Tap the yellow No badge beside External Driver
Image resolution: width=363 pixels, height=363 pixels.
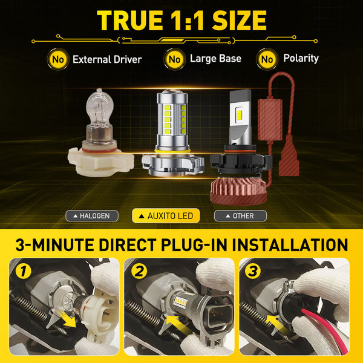[58, 59]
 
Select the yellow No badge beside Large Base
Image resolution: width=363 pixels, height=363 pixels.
[175, 59]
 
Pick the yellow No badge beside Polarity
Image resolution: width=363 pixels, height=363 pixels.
[267, 59]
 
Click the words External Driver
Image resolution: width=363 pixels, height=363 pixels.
[107, 59]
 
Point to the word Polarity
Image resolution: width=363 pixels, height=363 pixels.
[301, 59]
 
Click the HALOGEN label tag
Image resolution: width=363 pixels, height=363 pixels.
[91, 215]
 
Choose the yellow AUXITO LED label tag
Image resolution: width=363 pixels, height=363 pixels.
[166, 215]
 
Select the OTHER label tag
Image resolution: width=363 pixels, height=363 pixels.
[241, 215]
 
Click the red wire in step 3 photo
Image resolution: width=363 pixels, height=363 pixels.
[309, 339]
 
